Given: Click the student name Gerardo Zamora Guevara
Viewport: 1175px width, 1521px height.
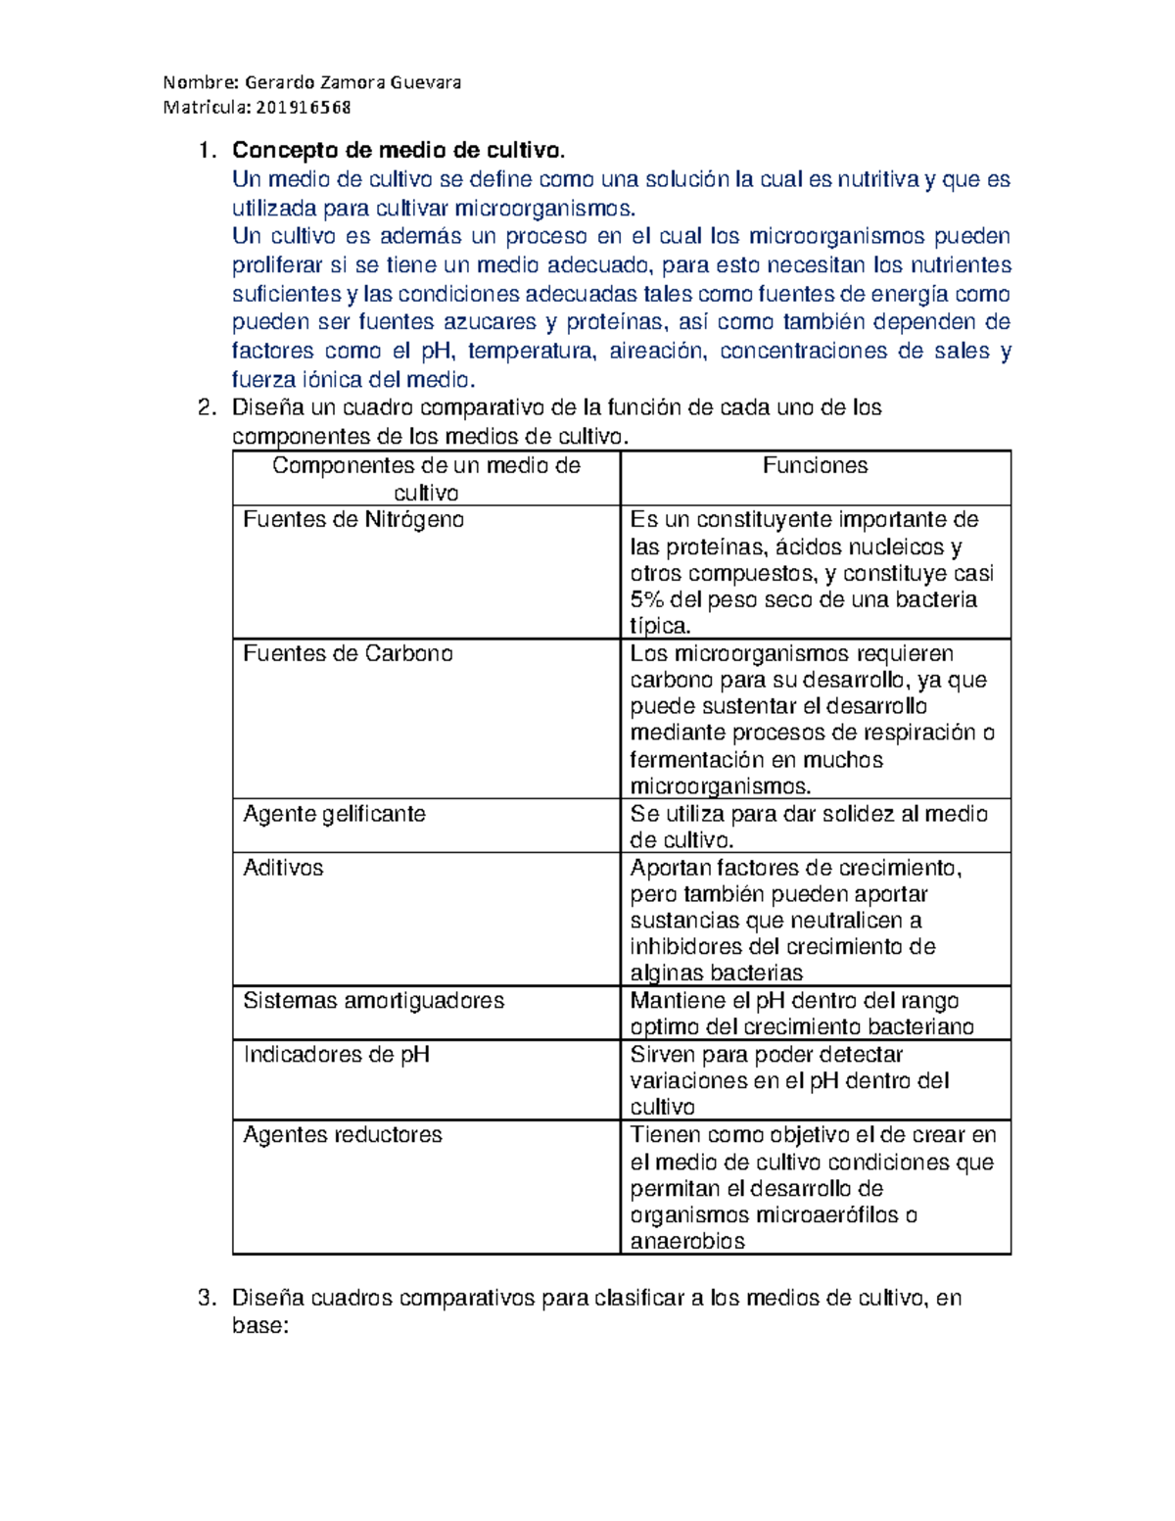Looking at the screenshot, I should point(352,82).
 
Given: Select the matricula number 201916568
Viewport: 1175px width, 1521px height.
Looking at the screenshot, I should point(304,107).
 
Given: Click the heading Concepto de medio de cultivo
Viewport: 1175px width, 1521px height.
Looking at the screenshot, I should point(399,150).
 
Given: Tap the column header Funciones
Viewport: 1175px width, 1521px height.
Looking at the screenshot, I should point(815,465).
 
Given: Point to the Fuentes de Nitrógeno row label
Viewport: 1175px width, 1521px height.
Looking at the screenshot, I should point(352,519).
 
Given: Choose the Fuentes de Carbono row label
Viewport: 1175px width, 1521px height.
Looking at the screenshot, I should point(348,653).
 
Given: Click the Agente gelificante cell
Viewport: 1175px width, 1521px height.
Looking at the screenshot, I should point(334,814).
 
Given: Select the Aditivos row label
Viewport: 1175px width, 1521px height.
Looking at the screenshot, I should point(283,868).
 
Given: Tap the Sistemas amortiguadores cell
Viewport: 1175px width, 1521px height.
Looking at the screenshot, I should point(373,1000).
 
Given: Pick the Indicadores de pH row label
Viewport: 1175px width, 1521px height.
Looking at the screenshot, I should point(336,1054).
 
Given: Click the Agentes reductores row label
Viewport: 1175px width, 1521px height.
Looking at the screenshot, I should point(343,1134).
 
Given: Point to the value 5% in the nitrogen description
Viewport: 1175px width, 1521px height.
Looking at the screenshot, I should point(647,599).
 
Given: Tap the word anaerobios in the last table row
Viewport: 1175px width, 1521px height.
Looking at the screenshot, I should point(687,1241).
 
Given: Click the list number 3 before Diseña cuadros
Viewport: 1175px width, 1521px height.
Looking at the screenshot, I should point(205,1298).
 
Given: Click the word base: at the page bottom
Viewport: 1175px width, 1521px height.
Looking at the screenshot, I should point(259,1326).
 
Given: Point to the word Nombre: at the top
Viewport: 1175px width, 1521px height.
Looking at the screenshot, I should point(200,82).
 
